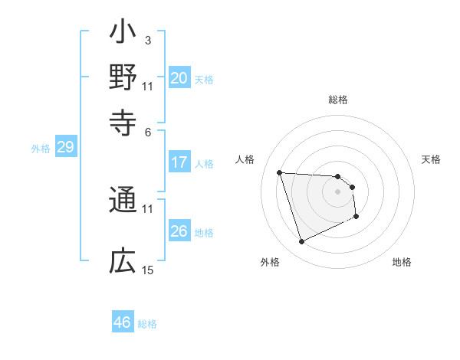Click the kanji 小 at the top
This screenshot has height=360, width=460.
[x=123, y=34]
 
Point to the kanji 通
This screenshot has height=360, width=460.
[x=123, y=201]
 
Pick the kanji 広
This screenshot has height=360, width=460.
[x=123, y=263]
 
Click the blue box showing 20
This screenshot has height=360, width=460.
[x=179, y=78]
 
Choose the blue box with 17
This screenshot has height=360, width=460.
[x=179, y=162]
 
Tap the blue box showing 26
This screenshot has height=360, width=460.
[x=179, y=231]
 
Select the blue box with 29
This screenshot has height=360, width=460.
[x=65, y=147]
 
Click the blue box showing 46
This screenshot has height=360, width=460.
[x=122, y=322]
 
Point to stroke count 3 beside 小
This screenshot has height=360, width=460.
[x=147, y=40]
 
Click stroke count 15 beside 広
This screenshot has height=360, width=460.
[x=148, y=270]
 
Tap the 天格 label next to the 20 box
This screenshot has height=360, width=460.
[x=204, y=79]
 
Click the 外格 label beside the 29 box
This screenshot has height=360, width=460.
[x=41, y=149]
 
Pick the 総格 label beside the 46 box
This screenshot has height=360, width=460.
[x=147, y=324]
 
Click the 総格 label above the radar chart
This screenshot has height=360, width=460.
[x=337, y=100]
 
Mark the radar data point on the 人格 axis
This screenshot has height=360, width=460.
[x=280, y=172]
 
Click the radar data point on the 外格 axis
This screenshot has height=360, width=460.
[x=301, y=242]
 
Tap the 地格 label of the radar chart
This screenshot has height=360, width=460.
[x=402, y=262]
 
